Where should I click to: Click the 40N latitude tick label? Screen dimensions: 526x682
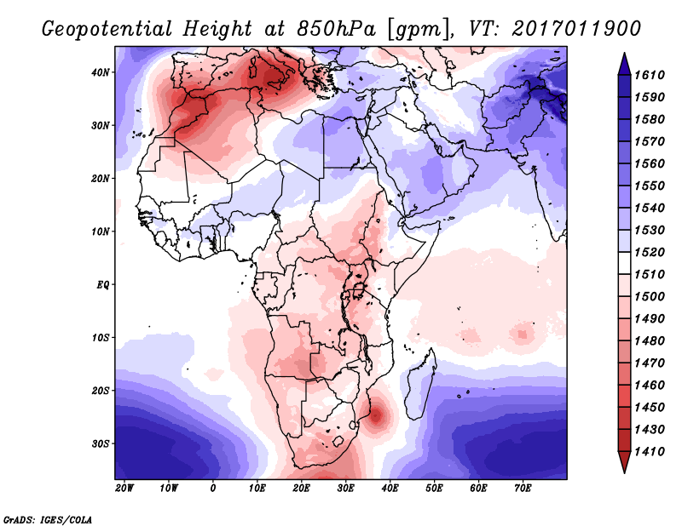(x=101, y=72)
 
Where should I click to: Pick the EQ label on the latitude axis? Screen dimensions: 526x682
(x=102, y=284)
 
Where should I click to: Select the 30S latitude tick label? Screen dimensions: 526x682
(x=101, y=443)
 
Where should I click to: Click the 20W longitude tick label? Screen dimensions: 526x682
(x=124, y=489)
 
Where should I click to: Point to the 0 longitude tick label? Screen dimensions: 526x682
(x=212, y=489)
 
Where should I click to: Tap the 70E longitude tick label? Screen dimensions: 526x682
(x=523, y=489)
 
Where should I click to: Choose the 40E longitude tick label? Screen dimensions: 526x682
(x=390, y=489)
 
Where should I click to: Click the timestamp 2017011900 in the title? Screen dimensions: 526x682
(x=575, y=28)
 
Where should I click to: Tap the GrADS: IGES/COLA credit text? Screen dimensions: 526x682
(x=47, y=518)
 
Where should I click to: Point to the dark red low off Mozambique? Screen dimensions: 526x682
(x=378, y=416)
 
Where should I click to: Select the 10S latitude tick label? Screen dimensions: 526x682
(x=101, y=338)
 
